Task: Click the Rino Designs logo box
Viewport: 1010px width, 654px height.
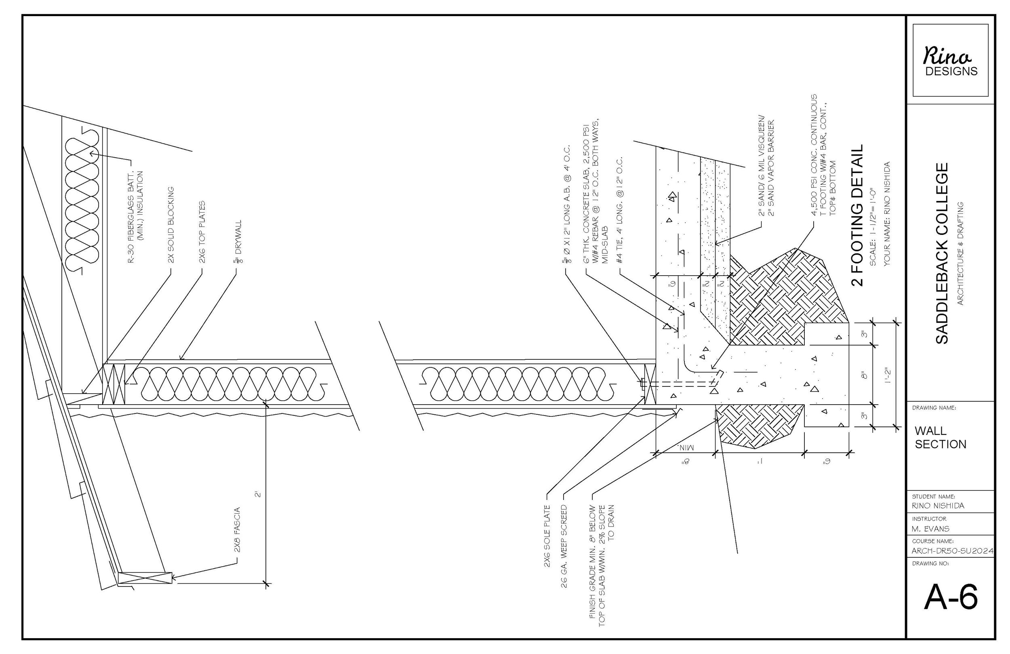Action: (950, 60)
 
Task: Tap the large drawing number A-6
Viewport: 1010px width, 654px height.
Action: (951, 597)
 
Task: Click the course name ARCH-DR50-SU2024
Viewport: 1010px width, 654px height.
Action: (952, 551)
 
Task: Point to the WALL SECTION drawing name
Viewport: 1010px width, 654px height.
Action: (940, 437)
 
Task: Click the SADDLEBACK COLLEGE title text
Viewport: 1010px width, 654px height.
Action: (942, 253)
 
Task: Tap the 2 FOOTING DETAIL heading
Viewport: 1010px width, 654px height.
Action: (858, 215)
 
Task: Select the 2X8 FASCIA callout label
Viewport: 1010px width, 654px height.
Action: (237, 530)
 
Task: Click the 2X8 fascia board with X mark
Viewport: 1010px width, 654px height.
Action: (145, 578)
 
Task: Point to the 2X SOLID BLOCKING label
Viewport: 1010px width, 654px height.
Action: (171, 225)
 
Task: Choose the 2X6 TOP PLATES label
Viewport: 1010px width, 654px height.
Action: (202, 232)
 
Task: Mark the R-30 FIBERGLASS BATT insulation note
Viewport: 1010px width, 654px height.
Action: (136, 217)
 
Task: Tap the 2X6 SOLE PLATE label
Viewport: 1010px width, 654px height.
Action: (547, 536)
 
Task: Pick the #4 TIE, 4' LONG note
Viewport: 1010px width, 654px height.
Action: (620, 210)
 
